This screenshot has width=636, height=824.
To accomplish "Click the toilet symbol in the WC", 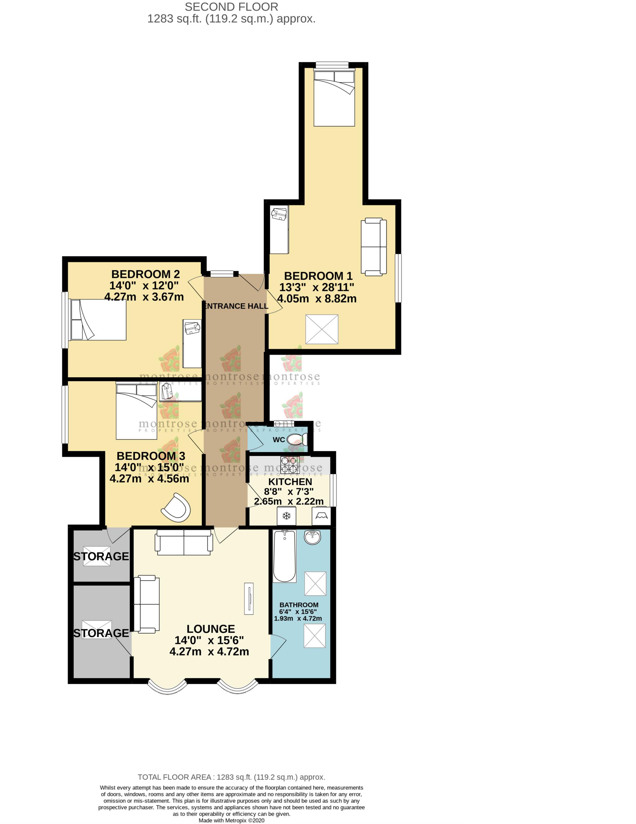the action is (297, 439).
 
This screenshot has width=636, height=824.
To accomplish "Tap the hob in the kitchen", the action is (290, 465).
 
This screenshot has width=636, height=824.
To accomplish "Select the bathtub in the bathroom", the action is (284, 556).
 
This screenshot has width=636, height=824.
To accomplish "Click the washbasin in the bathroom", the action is (312, 537).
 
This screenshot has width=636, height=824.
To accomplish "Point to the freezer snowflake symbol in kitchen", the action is (286, 516).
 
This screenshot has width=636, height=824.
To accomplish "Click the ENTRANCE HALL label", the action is (236, 306).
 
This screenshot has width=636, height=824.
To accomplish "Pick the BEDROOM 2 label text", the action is (145, 274).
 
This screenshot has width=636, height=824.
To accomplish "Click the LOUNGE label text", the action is (210, 629).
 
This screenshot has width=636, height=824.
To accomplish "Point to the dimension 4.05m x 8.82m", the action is (317, 298).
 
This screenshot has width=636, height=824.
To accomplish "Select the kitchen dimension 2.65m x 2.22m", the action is (289, 501).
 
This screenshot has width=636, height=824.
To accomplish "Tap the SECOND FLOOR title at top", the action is (231, 7).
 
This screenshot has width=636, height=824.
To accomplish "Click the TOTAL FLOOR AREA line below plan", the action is (231, 777).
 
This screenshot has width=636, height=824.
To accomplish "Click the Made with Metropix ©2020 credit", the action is (231, 820).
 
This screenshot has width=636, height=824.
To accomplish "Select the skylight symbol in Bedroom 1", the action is (322, 329).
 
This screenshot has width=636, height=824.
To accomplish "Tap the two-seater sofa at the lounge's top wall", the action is (184, 542).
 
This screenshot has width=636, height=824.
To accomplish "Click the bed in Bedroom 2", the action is (98, 319).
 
